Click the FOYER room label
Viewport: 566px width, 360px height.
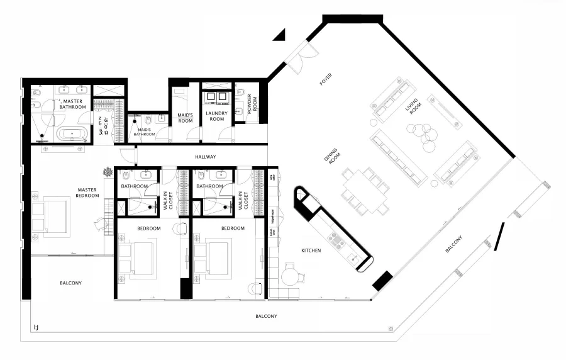326,79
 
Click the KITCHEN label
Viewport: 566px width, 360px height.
311,250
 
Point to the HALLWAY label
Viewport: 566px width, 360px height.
205,157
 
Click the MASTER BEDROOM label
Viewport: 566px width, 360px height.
88,192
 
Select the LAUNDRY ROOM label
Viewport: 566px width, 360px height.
216,116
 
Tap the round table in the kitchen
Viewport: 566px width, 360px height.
291,276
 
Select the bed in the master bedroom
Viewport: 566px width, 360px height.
53,216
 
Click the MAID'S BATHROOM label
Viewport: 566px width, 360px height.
145,130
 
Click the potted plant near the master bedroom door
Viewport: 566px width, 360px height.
109,171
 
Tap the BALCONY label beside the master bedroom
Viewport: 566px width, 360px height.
70,283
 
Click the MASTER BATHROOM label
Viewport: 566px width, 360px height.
72,104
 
